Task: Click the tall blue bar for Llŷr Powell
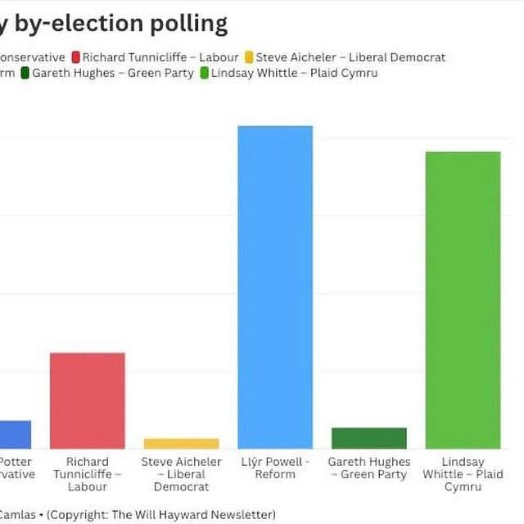(x=275, y=287)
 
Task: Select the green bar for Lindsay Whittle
(x=463, y=300)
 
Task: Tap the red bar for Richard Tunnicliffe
(x=88, y=400)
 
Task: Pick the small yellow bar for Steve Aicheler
(x=181, y=444)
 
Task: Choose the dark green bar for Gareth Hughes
(x=368, y=438)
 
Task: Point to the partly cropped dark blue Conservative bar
(x=15, y=435)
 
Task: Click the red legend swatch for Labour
(x=76, y=57)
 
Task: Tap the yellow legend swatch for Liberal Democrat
(x=249, y=57)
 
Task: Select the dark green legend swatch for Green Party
(x=25, y=73)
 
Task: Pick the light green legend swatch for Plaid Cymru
(x=204, y=73)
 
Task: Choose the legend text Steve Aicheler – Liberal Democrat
(x=350, y=57)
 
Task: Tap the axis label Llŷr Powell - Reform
(x=275, y=468)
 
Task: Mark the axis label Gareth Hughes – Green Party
(x=369, y=468)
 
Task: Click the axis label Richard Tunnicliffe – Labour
(x=88, y=474)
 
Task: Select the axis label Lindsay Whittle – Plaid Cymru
(x=463, y=474)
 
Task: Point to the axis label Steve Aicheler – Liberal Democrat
(x=181, y=474)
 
